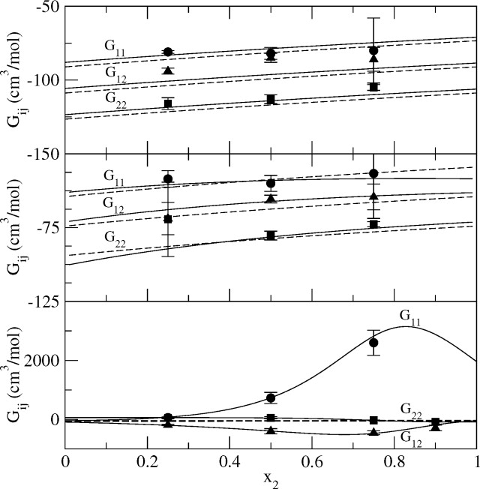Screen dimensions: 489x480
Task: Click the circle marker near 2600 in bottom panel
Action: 374,342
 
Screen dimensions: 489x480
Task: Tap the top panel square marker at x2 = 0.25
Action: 168,103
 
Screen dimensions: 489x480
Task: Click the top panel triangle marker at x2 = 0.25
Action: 168,70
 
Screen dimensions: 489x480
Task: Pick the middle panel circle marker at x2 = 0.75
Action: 373,173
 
